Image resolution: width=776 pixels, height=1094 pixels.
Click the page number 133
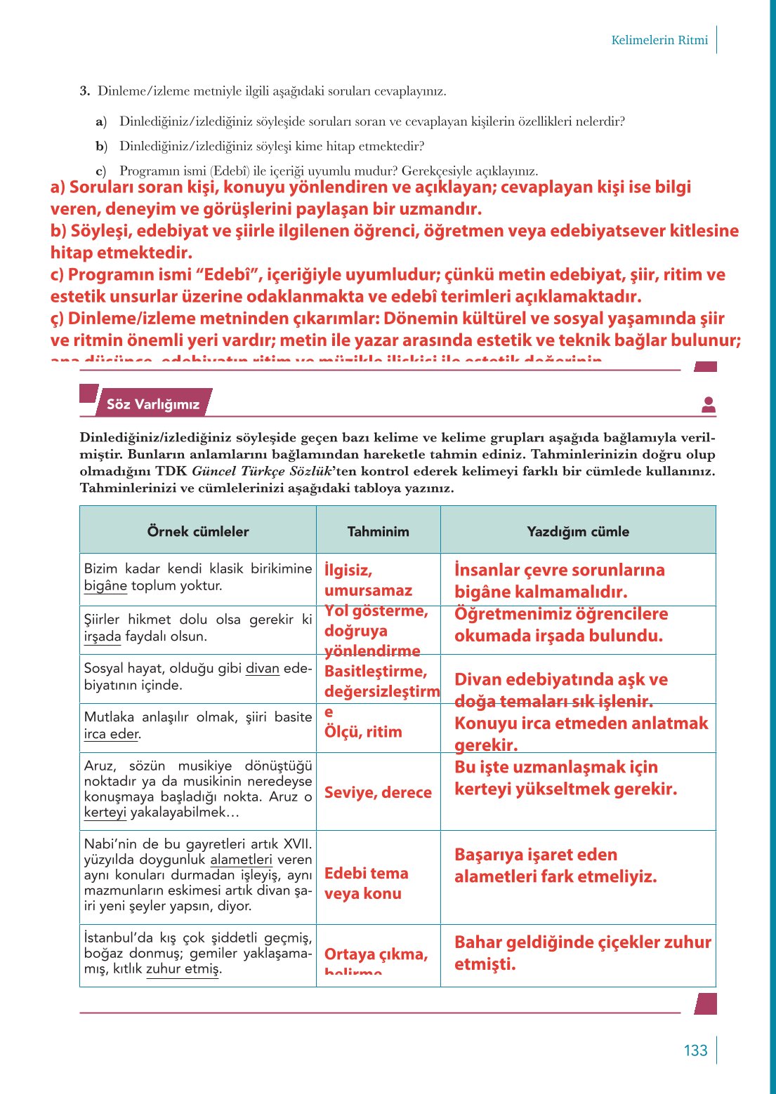click(x=695, y=1050)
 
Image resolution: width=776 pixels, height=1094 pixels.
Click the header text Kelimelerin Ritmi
click(x=659, y=40)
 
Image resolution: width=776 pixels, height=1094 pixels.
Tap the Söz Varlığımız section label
click(x=153, y=404)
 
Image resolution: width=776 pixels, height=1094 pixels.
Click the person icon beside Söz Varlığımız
click(x=709, y=404)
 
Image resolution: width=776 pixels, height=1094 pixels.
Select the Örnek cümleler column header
click(x=198, y=531)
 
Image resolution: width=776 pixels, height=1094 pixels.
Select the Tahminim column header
click(x=378, y=531)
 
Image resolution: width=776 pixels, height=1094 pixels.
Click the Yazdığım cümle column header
click(x=578, y=531)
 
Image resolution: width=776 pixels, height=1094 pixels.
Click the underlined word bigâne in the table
click(x=105, y=586)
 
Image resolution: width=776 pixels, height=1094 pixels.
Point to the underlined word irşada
click(x=103, y=636)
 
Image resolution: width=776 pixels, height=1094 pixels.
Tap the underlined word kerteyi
click(x=105, y=813)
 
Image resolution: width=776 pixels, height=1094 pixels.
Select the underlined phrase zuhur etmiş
click(x=183, y=969)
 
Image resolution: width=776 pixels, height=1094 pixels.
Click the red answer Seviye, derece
click(x=378, y=792)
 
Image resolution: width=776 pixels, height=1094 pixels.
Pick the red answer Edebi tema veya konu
click(x=366, y=883)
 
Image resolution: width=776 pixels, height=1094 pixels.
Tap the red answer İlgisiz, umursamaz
click(x=368, y=580)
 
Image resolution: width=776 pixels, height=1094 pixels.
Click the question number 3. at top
click(x=85, y=91)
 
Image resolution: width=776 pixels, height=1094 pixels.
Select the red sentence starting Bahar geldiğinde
click(x=582, y=952)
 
